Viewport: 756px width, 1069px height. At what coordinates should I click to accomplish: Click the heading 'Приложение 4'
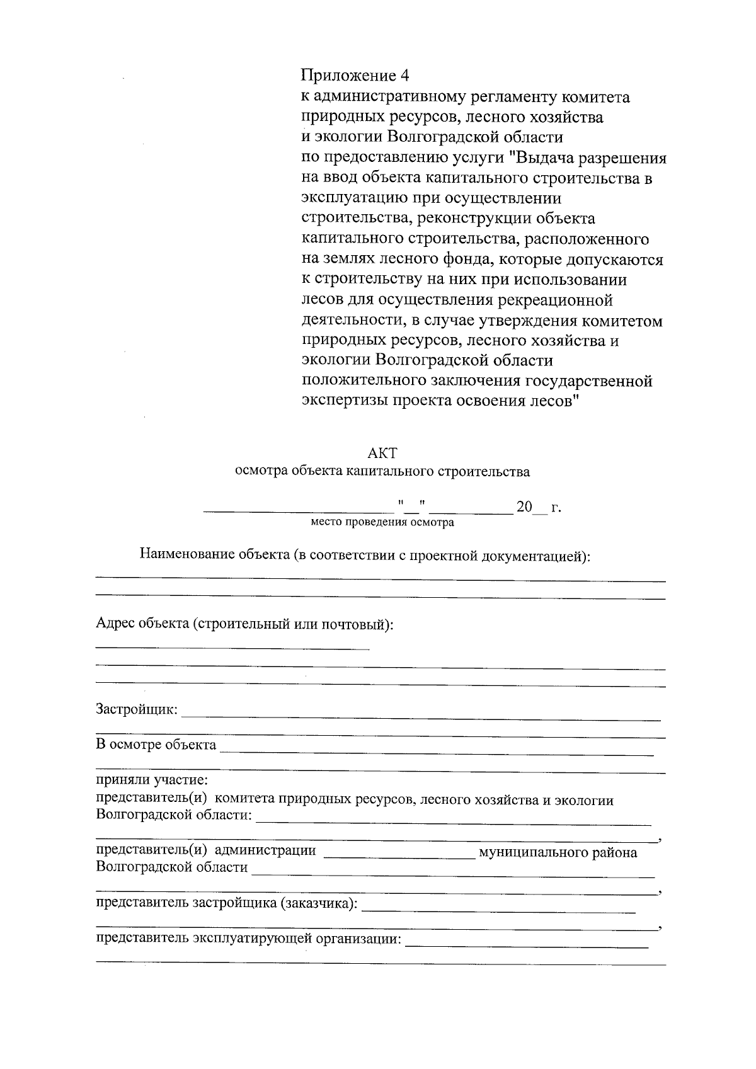coord(355,76)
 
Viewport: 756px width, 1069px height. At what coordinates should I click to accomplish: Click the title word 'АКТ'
coord(382,454)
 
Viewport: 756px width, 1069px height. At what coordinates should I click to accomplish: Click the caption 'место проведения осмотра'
coord(382,522)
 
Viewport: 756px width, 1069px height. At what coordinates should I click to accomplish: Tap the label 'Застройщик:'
coord(137,709)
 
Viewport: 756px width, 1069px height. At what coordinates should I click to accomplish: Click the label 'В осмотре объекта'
coord(156,745)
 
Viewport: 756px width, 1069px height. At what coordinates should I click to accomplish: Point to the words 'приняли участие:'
coord(147,781)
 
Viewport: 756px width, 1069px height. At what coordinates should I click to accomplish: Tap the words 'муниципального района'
coord(558,853)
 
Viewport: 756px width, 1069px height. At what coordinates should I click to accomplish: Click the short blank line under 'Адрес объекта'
coord(232,648)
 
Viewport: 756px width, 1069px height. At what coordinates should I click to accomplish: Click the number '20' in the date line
coord(524,506)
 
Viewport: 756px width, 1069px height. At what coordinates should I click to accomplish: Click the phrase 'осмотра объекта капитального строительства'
coord(382,471)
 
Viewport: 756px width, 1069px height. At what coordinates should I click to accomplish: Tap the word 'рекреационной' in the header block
coord(556,300)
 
